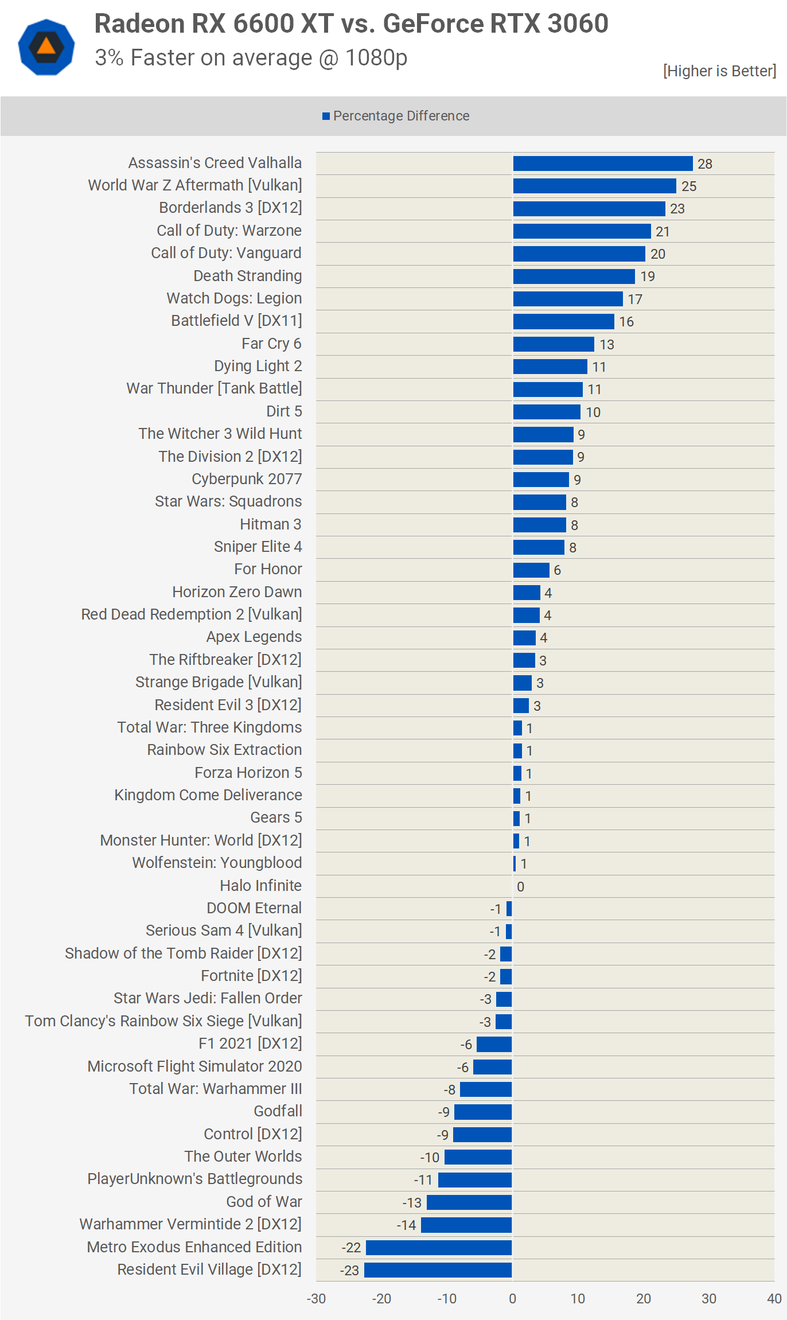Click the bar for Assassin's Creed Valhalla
click(x=602, y=163)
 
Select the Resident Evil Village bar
click(x=438, y=1270)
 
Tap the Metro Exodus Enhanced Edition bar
click(x=439, y=1248)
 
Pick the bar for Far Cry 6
click(x=554, y=344)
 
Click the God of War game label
click(x=264, y=1202)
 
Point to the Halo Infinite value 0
click(x=520, y=887)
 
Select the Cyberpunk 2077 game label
click(x=247, y=479)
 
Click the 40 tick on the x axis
click(x=774, y=1299)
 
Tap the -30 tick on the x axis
click(x=316, y=1299)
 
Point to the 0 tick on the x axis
click(x=512, y=1299)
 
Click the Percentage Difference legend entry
click(x=396, y=116)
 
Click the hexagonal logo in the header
click(x=46, y=47)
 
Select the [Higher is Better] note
click(x=719, y=71)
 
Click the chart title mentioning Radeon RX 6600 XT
click(x=351, y=24)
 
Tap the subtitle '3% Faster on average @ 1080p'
click(x=251, y=58)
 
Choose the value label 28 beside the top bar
click(x=704, y=164)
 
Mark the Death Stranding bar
click(x=574, y=277)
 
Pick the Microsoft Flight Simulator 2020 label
click(x=194, y=1066)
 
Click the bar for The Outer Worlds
click(x=478, y=1157)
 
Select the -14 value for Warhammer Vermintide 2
click(x=406, y=1225)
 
